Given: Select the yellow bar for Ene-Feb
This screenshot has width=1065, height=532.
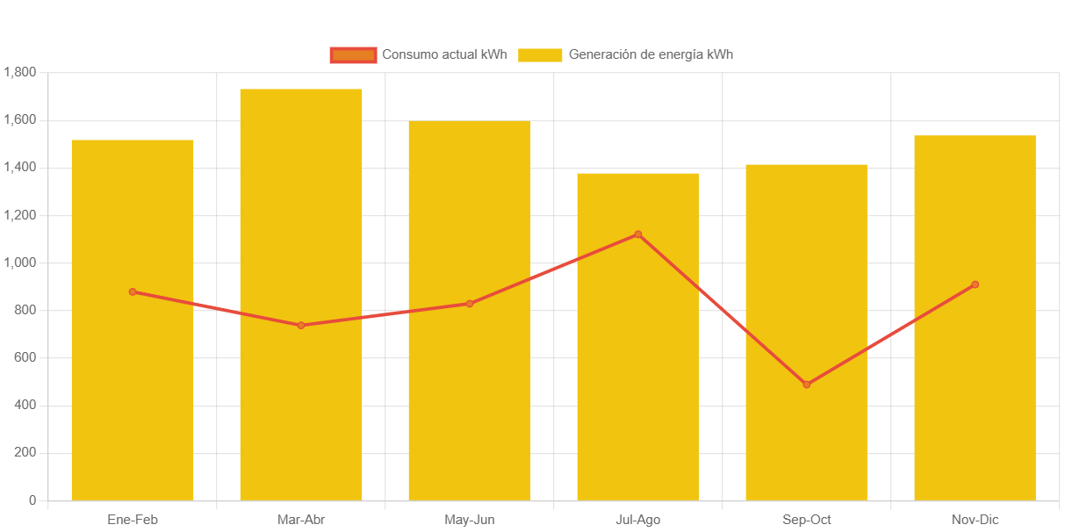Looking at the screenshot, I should [x=133, y=395].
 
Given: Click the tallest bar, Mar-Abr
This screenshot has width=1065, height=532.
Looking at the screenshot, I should [x=301, y=395].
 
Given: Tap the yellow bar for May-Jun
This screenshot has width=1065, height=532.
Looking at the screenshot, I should [x=470, y=395].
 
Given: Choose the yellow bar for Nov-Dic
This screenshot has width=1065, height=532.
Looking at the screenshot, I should [x=975, y=395].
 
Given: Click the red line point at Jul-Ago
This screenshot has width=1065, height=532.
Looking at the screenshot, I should [x=638, y=234].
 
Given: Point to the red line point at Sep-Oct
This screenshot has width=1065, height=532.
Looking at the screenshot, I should [x=806, y=385].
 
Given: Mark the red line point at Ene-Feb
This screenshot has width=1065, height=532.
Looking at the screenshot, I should [x=133, y=291].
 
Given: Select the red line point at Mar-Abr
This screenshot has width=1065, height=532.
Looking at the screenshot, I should [x=301, y=325].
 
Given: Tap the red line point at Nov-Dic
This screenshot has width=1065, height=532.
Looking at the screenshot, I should [x=975, y=284].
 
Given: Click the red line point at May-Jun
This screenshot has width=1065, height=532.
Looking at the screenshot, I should [x=470, y=304].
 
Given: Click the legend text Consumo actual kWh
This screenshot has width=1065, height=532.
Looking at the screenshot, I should [x=444, y=54].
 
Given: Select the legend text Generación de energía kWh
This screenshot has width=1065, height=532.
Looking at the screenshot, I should [x=651, y=54].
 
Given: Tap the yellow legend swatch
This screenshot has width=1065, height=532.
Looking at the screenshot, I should [x=540, y=55].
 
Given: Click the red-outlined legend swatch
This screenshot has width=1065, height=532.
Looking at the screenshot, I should [x=353, y=55].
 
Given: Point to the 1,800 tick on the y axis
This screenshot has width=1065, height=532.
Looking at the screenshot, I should [x=19, y=72].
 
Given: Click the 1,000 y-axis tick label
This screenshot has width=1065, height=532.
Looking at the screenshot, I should [x=19, y=262].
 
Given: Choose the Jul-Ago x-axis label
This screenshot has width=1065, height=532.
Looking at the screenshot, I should [x=638, y=520].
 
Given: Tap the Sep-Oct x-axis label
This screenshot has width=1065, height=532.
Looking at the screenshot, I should [x=806, y=520].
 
